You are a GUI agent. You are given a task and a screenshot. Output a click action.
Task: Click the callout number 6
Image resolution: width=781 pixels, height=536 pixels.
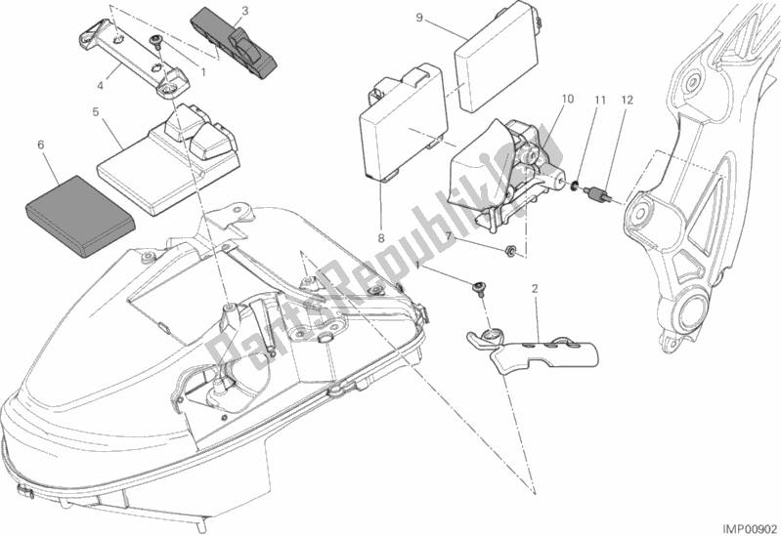click(x=40, y=144)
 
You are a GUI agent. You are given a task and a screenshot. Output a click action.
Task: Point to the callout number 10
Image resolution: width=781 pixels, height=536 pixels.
click(x=568, y=99)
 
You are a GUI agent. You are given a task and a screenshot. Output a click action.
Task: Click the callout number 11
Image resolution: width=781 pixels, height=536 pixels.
click(x=602, y=99)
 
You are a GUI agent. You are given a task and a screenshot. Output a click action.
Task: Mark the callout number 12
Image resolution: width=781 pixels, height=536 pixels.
click(x=627, y=99)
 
